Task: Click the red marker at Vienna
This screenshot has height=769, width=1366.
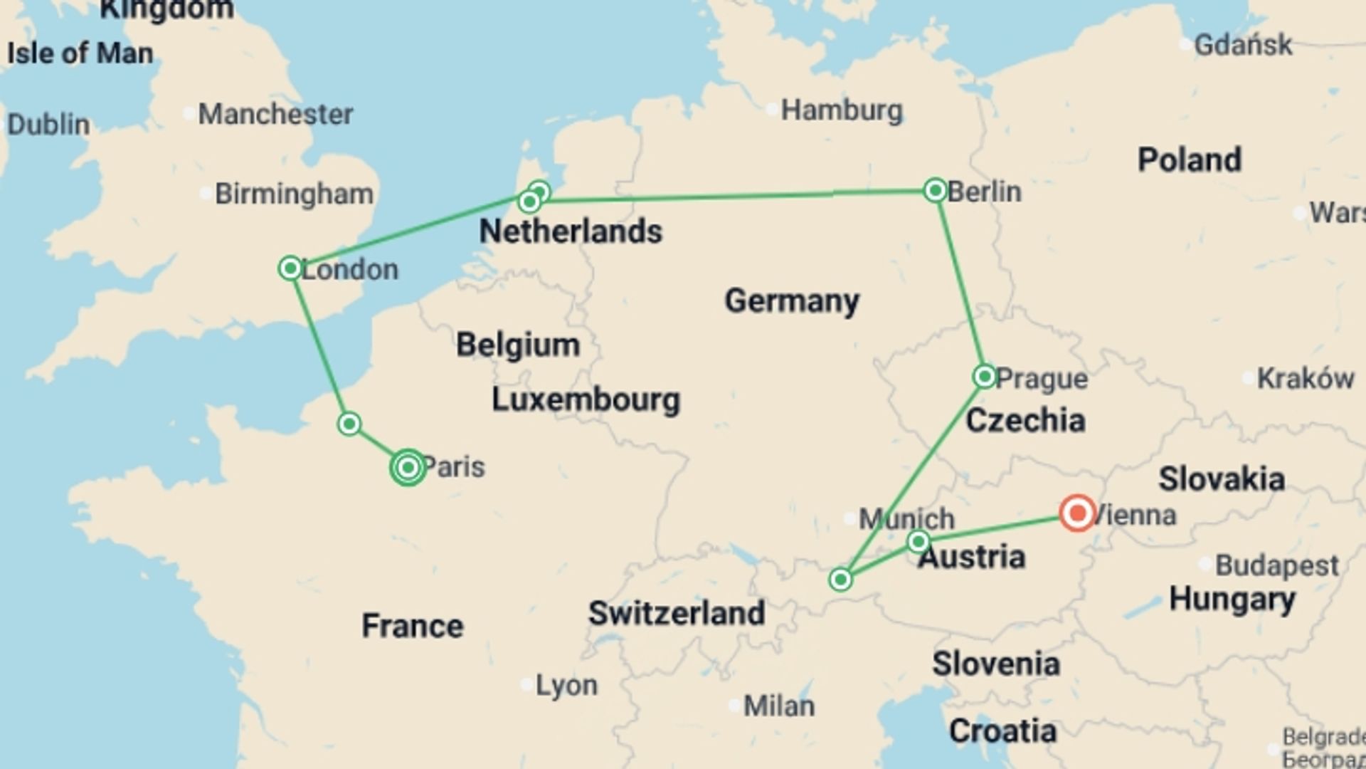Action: coord(1077,513)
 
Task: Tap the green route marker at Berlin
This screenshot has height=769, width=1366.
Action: coord(935,190)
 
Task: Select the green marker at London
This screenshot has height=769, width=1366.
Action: coord(290,268)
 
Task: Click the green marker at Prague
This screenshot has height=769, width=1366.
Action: coord(985,376)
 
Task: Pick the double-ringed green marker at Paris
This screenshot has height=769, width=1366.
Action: coord(408,468)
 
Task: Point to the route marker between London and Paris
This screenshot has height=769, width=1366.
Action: coord(349,424)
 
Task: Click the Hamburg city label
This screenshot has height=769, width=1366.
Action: coord(842,110)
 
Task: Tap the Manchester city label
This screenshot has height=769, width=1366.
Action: coord(275,114)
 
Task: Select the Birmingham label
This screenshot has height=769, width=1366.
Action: coord(294,194)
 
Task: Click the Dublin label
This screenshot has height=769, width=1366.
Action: coord(48,125)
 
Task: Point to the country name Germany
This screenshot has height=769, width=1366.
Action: coord(792,300)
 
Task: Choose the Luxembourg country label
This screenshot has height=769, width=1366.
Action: coord(586,399)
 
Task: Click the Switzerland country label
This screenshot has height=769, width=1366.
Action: coord(676,613)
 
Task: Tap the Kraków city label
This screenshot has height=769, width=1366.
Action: coord(1305,379)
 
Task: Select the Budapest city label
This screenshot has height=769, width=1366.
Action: coord(1276,565)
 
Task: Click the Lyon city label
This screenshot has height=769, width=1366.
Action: coord(566,685)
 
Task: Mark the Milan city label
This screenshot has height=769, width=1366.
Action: coord(779,706)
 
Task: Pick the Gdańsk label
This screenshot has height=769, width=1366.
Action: coord(1242,45)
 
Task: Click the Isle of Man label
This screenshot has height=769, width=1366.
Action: coord(80,53)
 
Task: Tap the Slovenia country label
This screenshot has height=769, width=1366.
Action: coord(996,664)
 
